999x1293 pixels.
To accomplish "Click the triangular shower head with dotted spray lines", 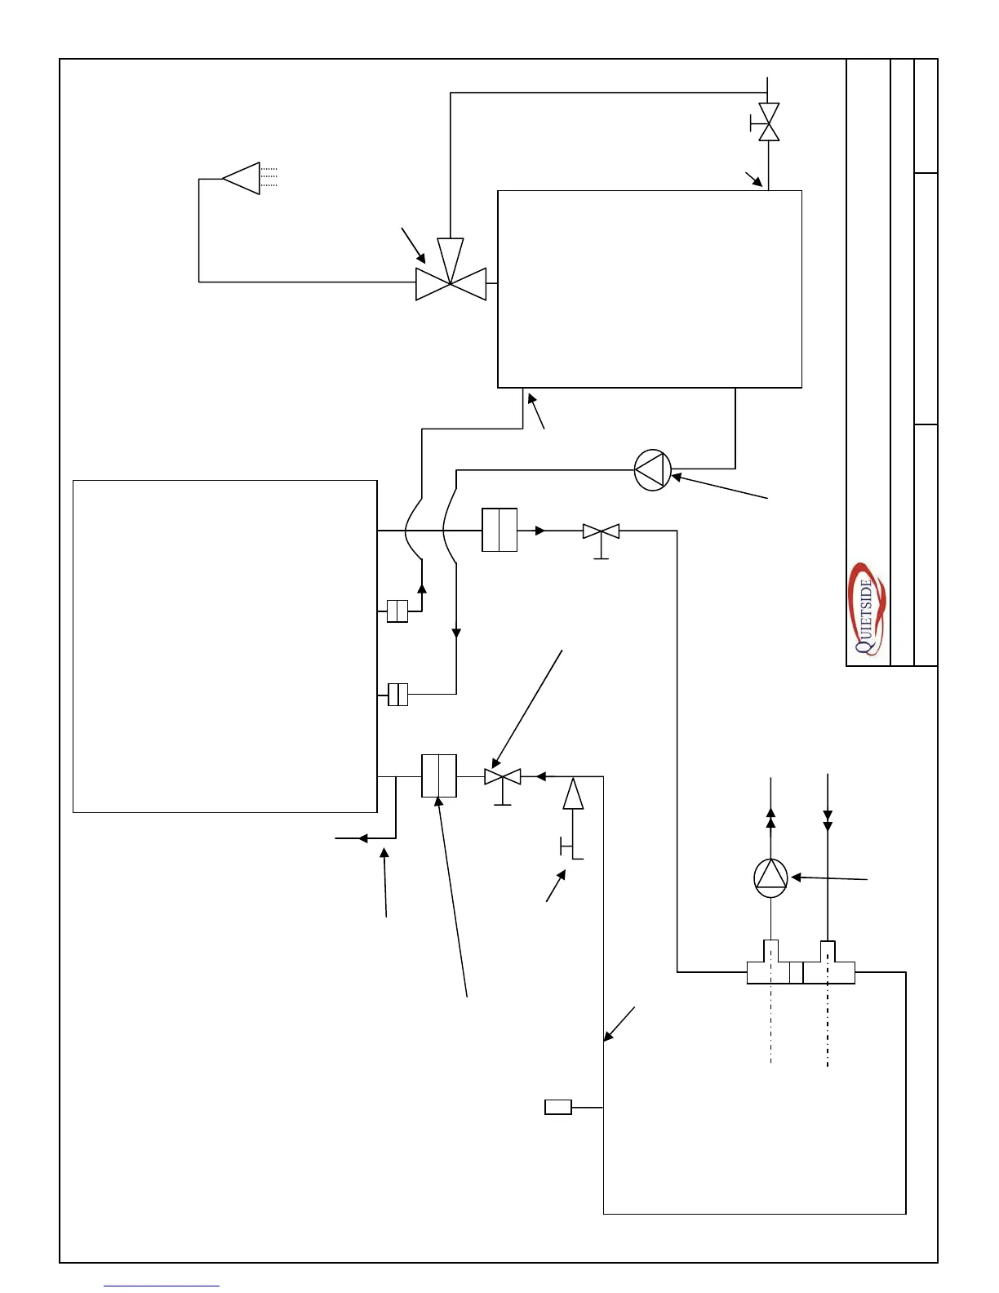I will tap(242, 178).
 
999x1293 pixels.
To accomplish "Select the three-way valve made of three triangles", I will tap(451, 278).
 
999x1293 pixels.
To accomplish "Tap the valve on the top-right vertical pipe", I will tap(768, 122).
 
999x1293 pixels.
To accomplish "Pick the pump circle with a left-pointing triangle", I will tap(653, 470).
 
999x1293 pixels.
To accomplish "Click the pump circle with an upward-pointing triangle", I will tap(770, 878).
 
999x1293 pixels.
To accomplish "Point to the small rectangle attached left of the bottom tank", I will tap(558, 1107).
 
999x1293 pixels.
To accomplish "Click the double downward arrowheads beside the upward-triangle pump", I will tap(828, 820).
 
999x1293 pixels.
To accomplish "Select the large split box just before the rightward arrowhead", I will tap(499, 530).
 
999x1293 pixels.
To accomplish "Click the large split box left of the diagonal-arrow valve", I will tap(439, 775).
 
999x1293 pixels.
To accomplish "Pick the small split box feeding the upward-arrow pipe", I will tap(397, 611).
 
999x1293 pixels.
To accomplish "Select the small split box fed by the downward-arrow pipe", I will tap(397, 695).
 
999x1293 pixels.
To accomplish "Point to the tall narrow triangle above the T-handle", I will tap(573, 793).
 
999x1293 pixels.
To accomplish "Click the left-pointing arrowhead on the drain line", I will tap(364, 838).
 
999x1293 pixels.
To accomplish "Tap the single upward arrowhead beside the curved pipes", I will tap(421, 589).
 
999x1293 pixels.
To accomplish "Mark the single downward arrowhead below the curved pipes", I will tap(456, 633).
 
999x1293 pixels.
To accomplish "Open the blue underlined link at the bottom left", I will tap(162, 1286).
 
